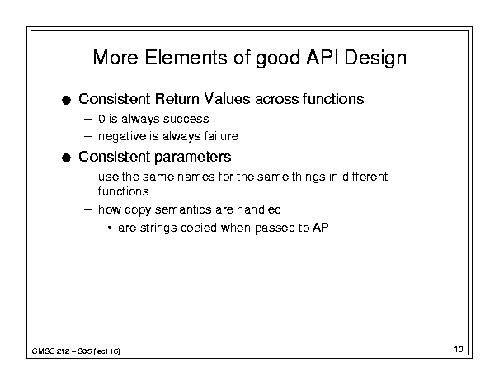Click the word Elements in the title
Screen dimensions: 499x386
pyautogui.click(x=186, y=58)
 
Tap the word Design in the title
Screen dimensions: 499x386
pyautogui.click(x=375, y=59)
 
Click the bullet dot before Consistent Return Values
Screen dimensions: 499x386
pyautogui.click(x=66, y=101)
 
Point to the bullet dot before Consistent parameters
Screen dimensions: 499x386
pyautogui.click(x=66, y=158)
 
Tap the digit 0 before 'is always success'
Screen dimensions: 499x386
pyautogui.click(x=101, y=119)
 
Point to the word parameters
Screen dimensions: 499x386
pyautogui.click(x=193, y=158)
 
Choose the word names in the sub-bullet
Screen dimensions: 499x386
pyautogui.click(x=195, y=177)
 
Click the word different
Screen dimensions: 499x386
pyautogui.click(x=365, y=176)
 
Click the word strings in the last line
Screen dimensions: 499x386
pyautogui.click(x=158, y=228)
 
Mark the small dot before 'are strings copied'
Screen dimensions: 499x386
pyautogui.click(x=110, y=228)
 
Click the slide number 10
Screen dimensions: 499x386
pyautogui.click(x=459, y=349)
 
